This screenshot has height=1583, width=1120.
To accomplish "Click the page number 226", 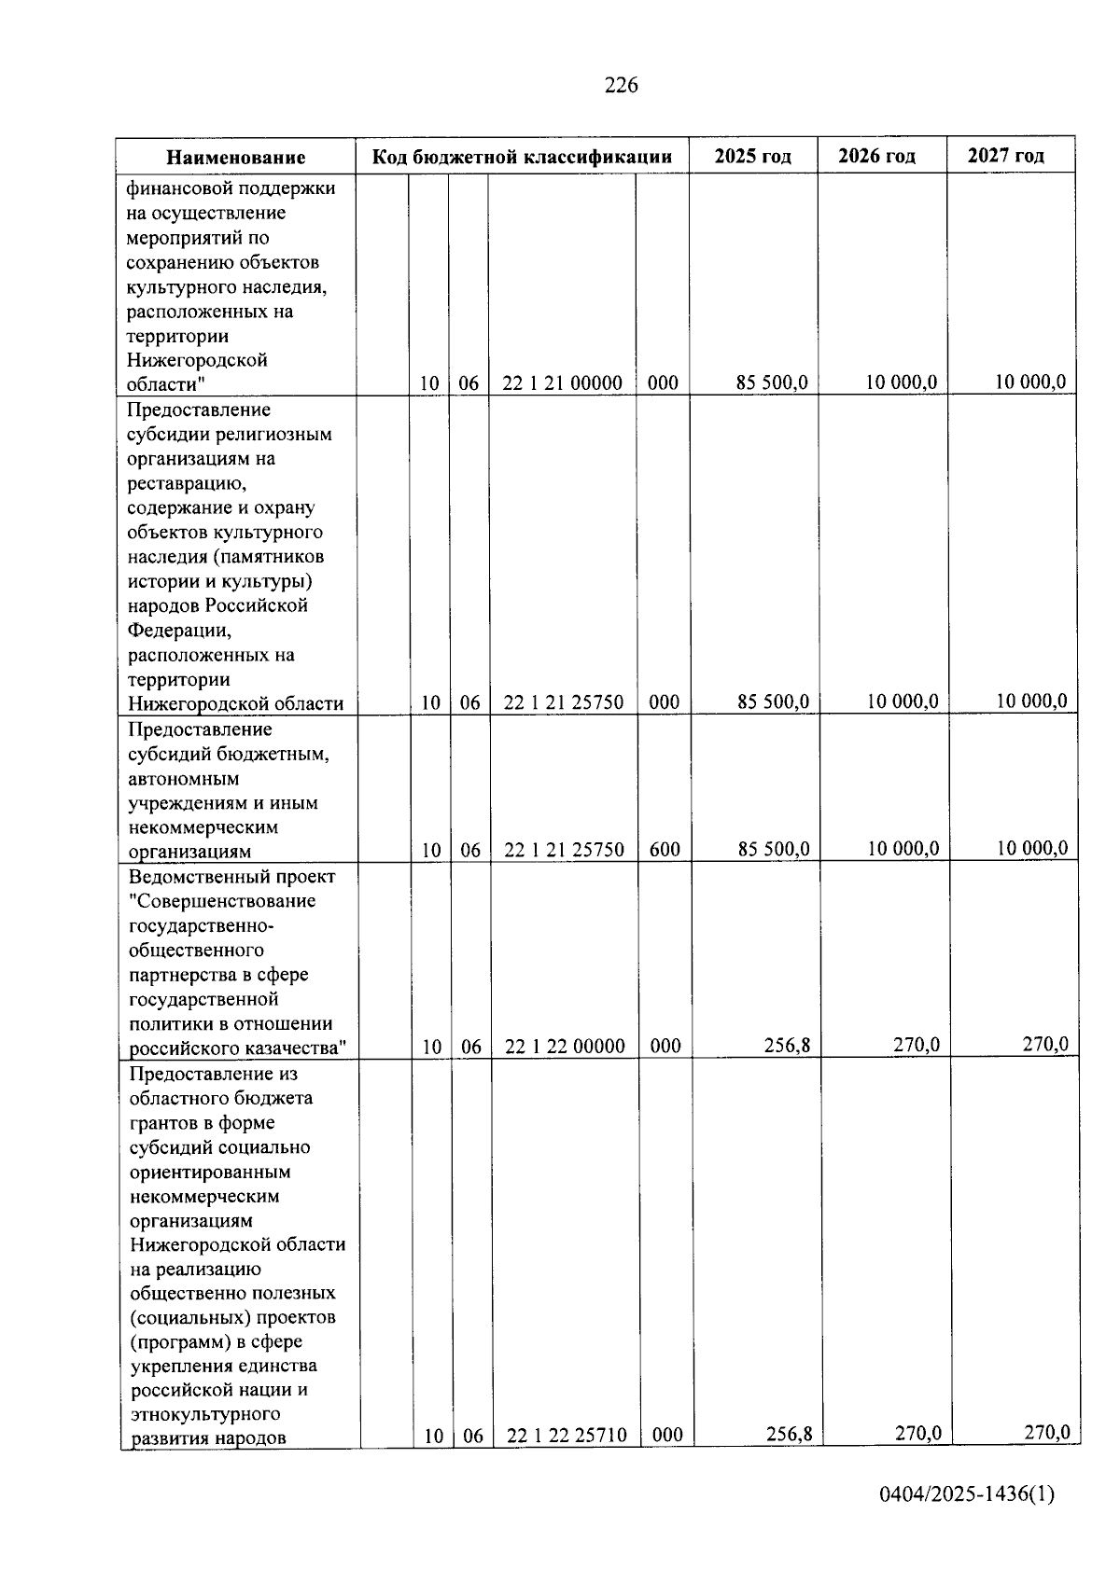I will click(x=621, y=86).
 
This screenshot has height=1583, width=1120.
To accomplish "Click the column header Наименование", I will click(x=236, y=158).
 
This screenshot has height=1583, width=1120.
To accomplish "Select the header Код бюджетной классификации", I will click(x=522, y=157).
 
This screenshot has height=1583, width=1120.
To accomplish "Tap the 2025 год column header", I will click(x=752, y=156).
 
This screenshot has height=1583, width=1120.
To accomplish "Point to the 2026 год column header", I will click(x=876, y=156).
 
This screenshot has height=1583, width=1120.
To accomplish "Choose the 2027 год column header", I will click(x=1005, y=156).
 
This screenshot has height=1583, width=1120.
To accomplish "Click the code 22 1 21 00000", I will click(x=562, y=383).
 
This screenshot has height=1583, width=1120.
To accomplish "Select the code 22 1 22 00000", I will click(x=565, y=1047).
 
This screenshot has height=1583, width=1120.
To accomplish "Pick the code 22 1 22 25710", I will click(x=567, y=1436).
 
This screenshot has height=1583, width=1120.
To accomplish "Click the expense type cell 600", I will click(x=665, y=850).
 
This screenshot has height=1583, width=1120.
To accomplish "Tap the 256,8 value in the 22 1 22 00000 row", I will click(x=787, y=1046).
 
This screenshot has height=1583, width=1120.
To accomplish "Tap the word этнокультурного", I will click(x=205, y=1414).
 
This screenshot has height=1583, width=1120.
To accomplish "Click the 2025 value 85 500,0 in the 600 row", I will click(x=773, y=850).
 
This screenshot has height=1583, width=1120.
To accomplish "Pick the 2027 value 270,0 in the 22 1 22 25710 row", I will click(x=1046, y=1433).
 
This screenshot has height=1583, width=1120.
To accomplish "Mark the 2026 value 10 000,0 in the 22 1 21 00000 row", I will click(x=901, y=382).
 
